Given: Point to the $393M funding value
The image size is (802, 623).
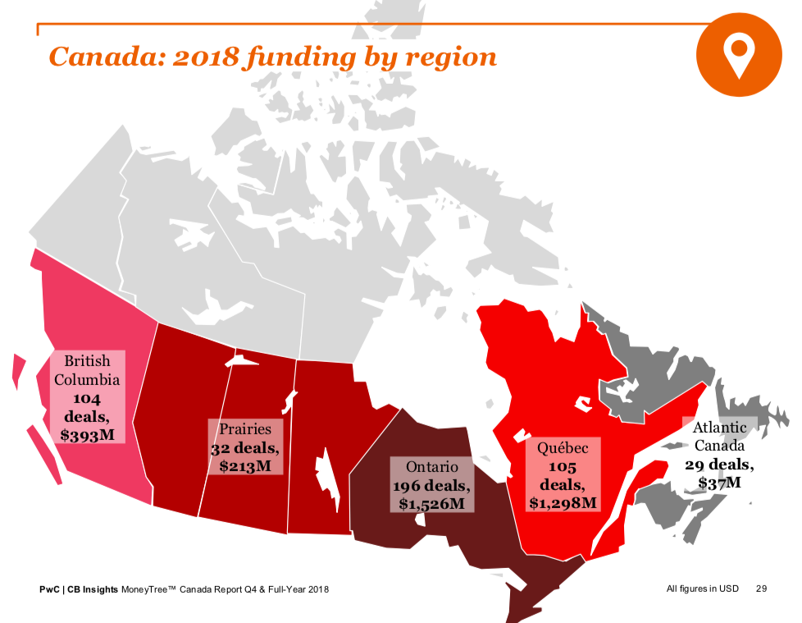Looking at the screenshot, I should [x=88, y=434].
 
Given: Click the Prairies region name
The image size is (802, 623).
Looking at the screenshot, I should [x=244, y=428].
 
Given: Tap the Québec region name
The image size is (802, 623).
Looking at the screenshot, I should [x=563, y=448].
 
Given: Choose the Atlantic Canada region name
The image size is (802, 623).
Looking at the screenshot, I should [x=719, y=437].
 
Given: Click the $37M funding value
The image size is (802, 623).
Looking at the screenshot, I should [x=719, y=483].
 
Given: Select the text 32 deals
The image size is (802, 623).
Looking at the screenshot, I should [x=244, y=448].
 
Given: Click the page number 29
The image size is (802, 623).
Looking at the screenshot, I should [x=762, y=589].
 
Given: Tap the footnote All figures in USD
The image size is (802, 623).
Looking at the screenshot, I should [x=703, y=589].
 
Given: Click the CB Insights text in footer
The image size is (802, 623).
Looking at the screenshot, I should [x=92, y=589].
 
